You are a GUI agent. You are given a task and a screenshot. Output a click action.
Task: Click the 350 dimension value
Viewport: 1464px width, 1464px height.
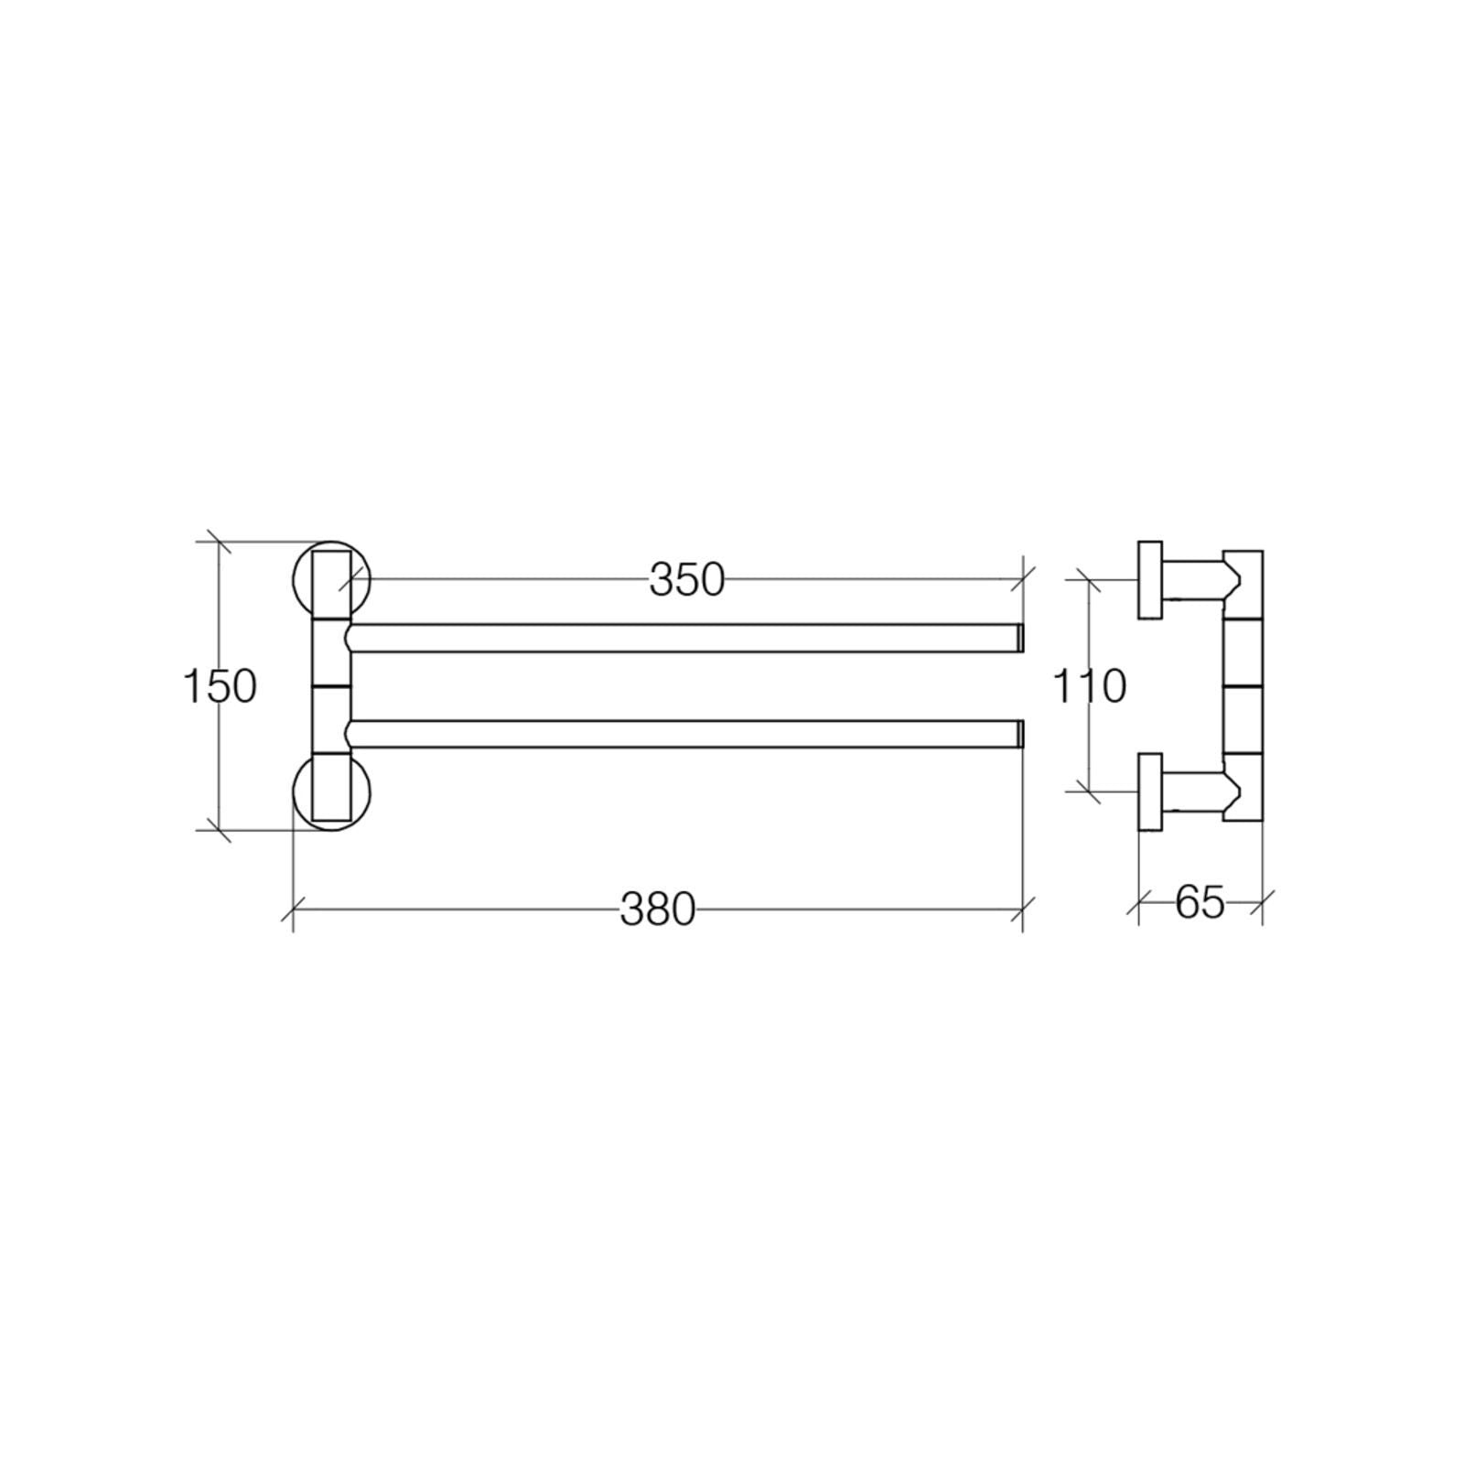pos(686,579)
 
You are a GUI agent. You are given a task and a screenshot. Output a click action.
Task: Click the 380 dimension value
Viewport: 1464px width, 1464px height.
pos(658,910)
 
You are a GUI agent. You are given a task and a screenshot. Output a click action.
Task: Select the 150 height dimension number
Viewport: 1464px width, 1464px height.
pos(220,686)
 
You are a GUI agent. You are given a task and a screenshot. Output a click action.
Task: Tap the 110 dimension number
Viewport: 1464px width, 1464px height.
pos(1089,686)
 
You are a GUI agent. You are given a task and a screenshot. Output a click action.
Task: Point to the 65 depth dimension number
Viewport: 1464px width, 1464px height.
pos(1199,903)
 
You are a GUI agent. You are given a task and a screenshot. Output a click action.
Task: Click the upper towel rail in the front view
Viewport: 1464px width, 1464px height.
pos(686,638)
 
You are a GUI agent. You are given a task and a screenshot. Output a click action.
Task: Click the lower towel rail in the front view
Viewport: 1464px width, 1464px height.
pos(686,734)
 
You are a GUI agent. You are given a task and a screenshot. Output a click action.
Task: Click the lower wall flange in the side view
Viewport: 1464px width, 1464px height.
pos(1150,791)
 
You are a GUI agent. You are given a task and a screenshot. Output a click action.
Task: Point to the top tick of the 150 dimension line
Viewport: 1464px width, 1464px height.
pos(218,543)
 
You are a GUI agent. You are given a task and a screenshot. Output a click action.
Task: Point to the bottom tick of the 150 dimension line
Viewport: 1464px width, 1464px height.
pos(218,830)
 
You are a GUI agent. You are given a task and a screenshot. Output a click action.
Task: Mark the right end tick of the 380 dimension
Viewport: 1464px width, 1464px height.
pos(1022,910)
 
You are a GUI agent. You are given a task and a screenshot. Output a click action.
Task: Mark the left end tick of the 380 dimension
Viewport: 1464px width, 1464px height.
pos(293,910)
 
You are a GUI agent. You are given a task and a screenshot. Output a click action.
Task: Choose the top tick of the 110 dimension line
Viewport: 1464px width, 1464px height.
pos(1088,579)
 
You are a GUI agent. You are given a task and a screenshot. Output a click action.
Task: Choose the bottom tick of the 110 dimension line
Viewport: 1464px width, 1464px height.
pos(1088,792)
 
